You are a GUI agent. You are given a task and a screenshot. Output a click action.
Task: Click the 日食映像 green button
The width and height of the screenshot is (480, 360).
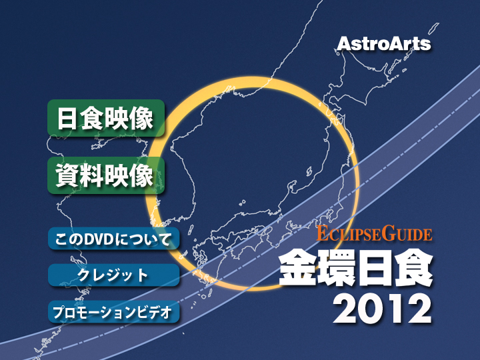tap(106, 118)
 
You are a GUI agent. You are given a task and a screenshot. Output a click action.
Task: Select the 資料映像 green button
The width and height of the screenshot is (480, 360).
tap(106, 175)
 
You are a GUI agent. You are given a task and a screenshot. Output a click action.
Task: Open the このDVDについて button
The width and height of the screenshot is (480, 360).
tap(113, 239)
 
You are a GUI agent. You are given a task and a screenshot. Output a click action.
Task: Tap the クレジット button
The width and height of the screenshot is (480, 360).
tap(113, 275)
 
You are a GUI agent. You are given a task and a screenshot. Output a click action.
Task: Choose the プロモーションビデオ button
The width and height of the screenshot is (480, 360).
tap(113, 312)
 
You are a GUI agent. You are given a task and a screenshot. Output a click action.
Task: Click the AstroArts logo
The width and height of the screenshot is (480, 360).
tap(384, 43)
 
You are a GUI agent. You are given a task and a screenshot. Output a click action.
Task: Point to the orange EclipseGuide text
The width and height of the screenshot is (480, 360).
tap(375, 233)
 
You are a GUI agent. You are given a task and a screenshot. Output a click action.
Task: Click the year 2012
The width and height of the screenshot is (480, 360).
tap(383, 308)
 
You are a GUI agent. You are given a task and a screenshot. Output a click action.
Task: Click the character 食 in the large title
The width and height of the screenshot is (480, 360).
tap(414, 267)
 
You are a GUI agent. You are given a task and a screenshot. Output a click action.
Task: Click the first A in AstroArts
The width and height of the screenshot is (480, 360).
tap(344, 43)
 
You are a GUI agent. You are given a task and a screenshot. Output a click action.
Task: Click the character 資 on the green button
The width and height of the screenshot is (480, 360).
tap(67, 175)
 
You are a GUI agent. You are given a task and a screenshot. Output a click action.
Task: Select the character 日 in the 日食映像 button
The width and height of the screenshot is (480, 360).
tap(67, 118)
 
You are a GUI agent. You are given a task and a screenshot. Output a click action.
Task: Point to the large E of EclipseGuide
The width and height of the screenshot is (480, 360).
tap(323, 233)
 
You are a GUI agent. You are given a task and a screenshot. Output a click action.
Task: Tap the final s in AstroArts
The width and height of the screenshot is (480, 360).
tap(425, 45)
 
